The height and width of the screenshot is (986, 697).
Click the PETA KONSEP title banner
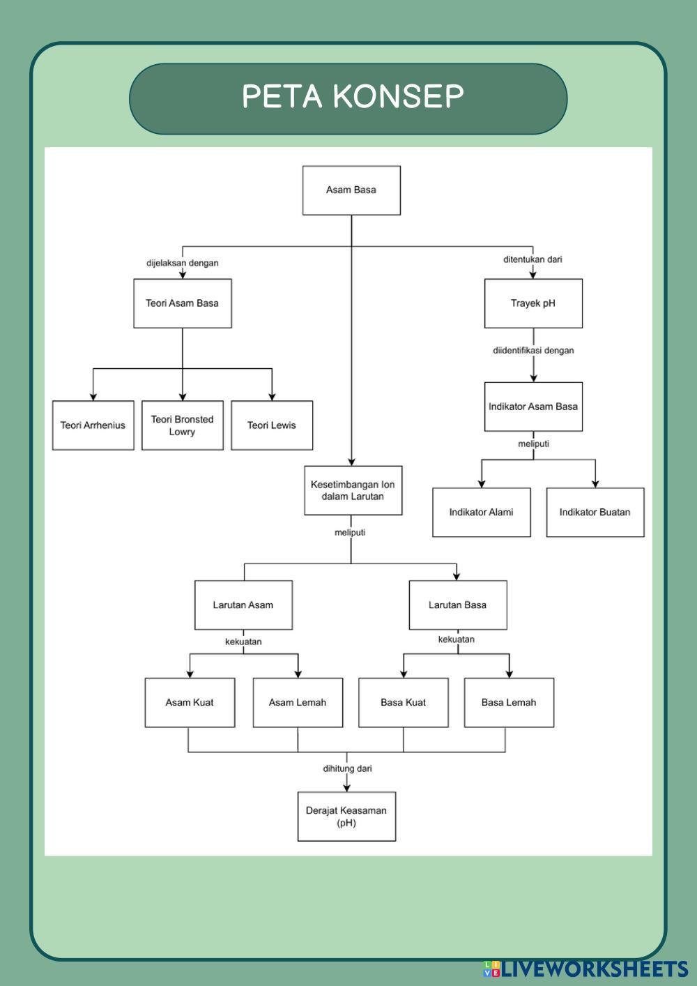click(x=348, y=98)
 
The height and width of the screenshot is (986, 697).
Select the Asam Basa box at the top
click(x=351, y=190)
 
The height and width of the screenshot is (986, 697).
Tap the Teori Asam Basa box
click(x=183, y=303)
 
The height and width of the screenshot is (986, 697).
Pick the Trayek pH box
click(x=533, y=303)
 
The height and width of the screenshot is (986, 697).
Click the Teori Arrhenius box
click(x=93, y=425)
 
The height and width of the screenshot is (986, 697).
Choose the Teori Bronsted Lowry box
click(x=183, y=425)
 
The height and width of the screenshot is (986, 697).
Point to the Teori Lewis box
click(x=272, y=425)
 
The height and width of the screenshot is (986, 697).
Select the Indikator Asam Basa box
click(x=533, y=407)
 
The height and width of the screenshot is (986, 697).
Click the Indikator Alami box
click(x=481, y=513)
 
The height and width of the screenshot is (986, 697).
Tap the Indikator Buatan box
click(x=595, y=513)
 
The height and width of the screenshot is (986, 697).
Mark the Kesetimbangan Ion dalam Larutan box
click(x=353, y=490)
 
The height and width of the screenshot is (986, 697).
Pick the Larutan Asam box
click(x=243, y=605)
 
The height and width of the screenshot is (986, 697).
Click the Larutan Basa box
click(x=457, y=605)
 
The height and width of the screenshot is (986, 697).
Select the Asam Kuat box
click(x=190, y=703)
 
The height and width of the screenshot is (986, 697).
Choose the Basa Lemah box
click(x=509, y=703)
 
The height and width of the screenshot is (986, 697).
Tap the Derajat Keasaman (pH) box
click(x=346, y=817)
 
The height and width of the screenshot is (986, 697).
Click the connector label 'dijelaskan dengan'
click(x=183, y=263)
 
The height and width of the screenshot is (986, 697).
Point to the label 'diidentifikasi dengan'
click(x=533, y=351)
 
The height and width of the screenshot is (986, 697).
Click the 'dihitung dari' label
click(x=347, y=768)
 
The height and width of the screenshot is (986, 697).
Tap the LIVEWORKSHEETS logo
click(x=586, y=969)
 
